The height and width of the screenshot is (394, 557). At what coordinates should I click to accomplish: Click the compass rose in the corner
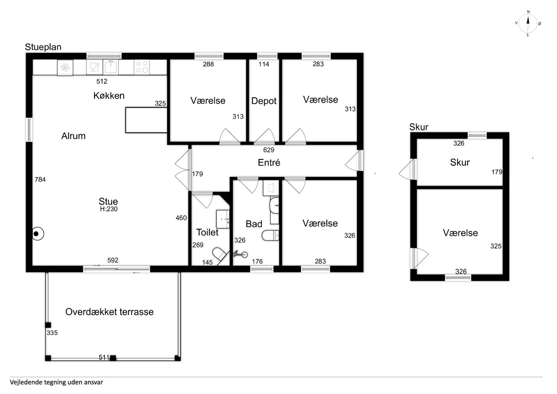pyautogui.click(x=528, y=23)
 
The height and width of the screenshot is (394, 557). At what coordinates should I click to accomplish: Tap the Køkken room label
pyautogui.click(x=109, y=96)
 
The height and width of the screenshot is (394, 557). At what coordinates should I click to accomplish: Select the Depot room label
pyautogui.click(x=264, y=101)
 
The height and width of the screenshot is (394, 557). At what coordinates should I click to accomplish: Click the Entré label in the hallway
pyautogui.click(x=269, y=162)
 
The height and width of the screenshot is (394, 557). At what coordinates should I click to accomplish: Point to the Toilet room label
pyautogui.click(x=207, y=232)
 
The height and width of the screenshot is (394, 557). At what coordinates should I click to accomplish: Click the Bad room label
pyautogui.click(x=254, y=224)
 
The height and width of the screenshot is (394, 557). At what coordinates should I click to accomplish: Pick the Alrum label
pyautogui.click(x=73, y=136)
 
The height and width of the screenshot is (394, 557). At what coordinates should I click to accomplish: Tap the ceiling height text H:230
pyautogui.click(x=109, y=209)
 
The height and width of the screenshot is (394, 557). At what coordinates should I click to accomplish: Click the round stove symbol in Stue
pyautogui.click(x=37, y=234)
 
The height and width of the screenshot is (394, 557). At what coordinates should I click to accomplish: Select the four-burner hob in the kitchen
pyautogui.click(x=142, y=67)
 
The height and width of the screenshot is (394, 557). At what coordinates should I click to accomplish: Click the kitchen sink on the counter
pyautogui.click(x=111, y=67)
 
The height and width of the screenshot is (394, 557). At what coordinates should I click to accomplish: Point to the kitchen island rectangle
pyautogui.click(x=146, y=120)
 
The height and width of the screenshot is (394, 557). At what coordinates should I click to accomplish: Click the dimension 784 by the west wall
pyautogui.click(x=40, y=179)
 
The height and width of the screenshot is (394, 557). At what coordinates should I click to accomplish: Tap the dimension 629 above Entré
pyautogui.click(x=269, y=150)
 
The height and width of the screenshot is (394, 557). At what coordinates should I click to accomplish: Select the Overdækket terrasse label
pyautogui.click(x=109, y=312)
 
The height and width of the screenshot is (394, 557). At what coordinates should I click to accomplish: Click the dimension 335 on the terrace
pyautogui.click(x=52, y=333)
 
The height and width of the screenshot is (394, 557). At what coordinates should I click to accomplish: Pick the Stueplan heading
pyautogui.click(x=43, y=47)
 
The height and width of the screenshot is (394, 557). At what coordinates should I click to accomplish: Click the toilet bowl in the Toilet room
pyautogui.click(x=220, y=254)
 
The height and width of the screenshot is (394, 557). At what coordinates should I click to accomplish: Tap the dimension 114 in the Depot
pyautogui.click(x=264, y=64)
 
